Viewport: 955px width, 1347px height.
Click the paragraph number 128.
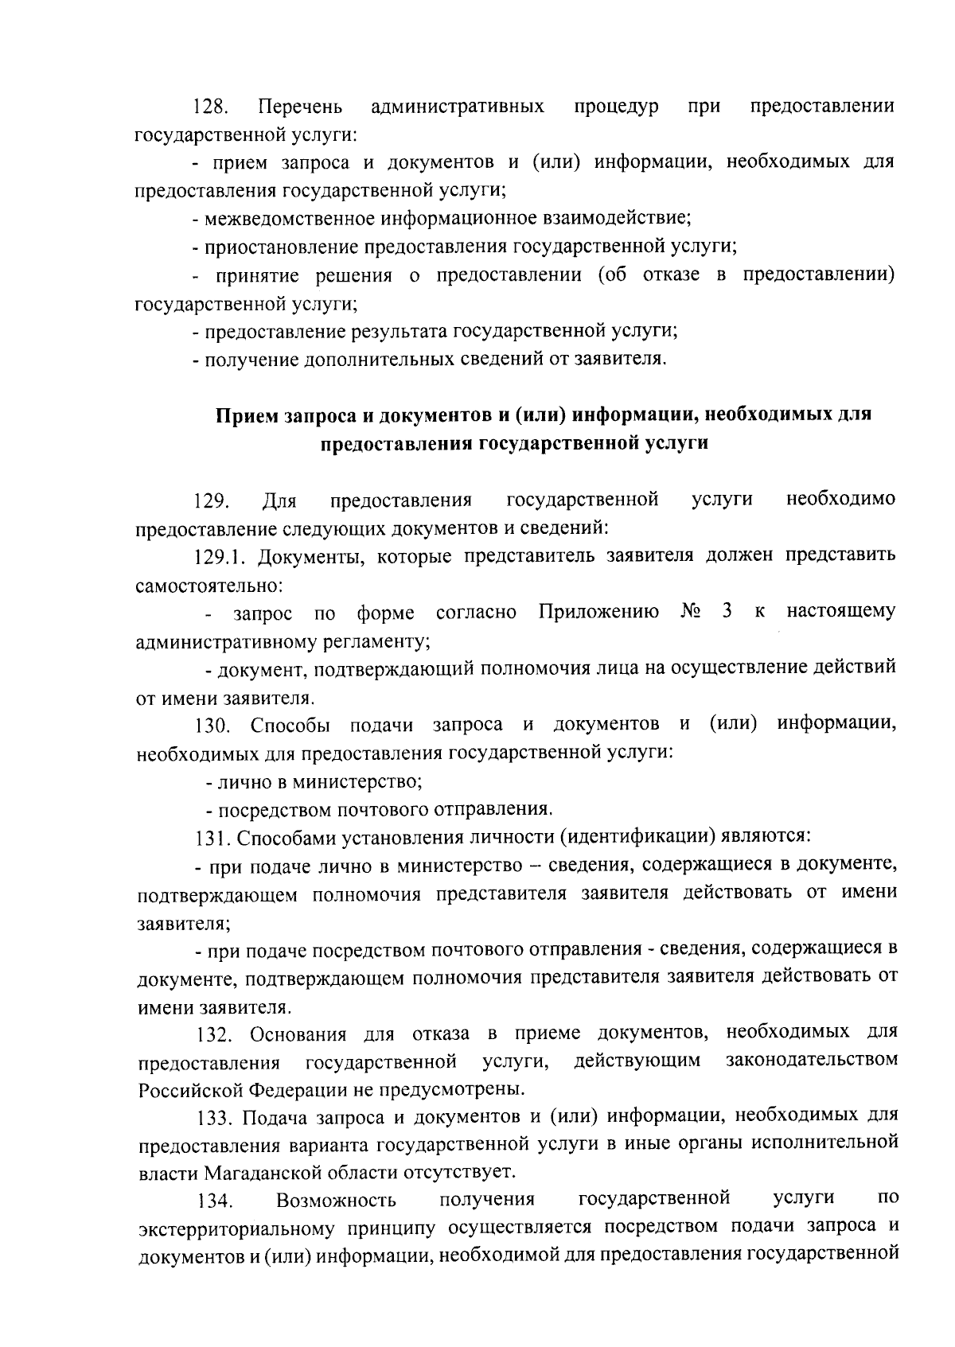point(212,107)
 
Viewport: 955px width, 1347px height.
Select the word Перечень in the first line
point(300,107)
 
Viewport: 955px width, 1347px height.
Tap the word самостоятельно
point(209,586)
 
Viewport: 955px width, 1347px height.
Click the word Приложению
point(598,613)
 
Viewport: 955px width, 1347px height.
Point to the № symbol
point(689,613)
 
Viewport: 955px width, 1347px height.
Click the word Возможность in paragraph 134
point(336,1201)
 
